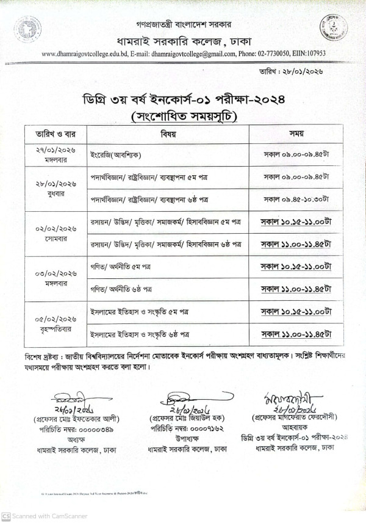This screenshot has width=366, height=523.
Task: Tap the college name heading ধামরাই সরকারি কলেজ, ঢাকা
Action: pos(183,41)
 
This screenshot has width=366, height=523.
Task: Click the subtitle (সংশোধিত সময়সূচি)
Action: pos(183,117)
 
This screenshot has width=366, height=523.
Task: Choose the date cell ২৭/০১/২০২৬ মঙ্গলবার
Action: pos(56,155)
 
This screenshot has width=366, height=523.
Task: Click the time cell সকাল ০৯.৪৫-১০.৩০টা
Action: pos(296,199)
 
